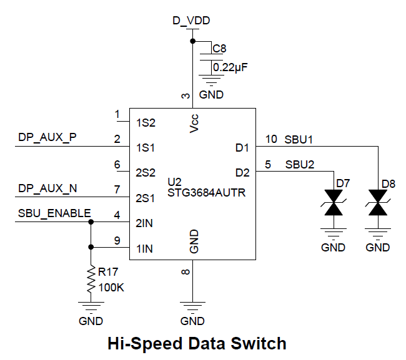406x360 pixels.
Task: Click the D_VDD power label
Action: tap(191, 21)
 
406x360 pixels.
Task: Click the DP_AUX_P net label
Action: tap(47, 138)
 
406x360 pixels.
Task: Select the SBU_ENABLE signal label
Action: tap(54, 213)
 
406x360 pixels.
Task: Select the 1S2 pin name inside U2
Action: tap(146, 123)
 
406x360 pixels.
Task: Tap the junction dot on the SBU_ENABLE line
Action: tap(91, 221)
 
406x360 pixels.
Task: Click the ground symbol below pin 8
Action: tap(192, 307)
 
